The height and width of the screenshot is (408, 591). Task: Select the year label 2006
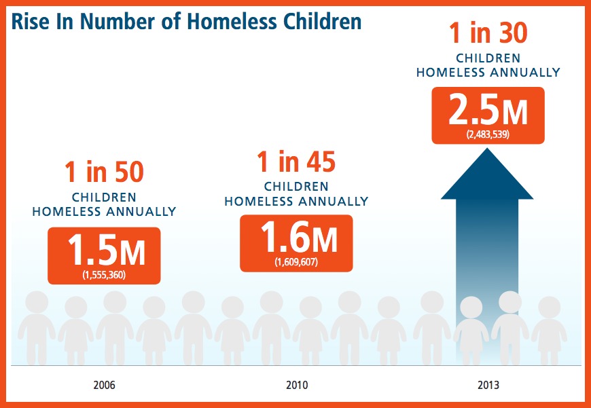105,386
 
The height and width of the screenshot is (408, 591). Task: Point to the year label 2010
297,386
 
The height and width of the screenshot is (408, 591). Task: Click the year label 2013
488,386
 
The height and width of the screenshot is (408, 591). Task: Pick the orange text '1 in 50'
104,172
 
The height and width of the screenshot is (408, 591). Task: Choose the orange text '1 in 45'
296,162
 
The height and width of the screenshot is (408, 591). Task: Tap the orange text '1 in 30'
488,33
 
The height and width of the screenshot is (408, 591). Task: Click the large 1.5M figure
106,250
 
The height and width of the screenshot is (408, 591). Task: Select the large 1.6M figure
298,238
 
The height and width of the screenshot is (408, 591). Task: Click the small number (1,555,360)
104,275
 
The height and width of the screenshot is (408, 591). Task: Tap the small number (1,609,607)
296,262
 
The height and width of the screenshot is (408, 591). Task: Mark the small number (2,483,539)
488,134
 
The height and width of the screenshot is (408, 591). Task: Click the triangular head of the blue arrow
487,174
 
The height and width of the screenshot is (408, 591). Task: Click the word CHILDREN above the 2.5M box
488,58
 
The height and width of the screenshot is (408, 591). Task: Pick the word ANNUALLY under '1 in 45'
332,201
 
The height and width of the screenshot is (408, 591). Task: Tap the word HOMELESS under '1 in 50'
67,211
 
